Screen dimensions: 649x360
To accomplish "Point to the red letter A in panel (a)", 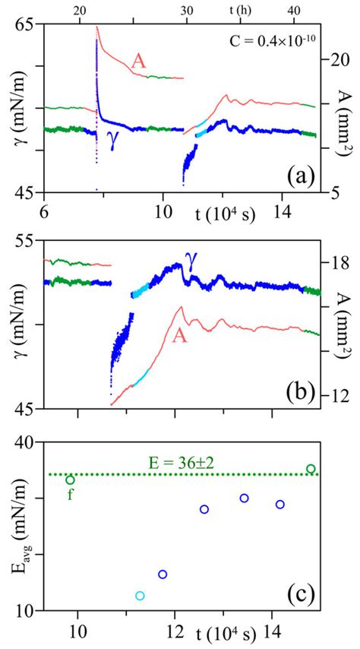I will pos(138,62).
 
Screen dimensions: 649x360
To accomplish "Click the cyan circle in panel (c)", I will pos(139,596).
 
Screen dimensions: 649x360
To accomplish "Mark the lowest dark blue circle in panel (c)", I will pos(163,574).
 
